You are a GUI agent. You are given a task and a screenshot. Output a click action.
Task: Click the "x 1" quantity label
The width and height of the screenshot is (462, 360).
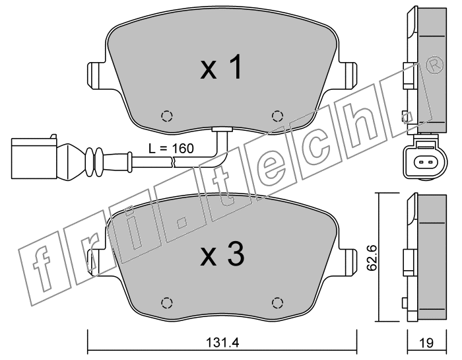[x=221, y=68]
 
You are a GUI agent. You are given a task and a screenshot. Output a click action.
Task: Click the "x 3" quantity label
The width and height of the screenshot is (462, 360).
[x=222, y=254]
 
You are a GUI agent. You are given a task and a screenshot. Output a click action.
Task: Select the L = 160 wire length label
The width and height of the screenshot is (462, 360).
[x=171, y=149]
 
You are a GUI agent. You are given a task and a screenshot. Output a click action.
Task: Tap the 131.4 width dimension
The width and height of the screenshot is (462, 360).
[x=222, y=343]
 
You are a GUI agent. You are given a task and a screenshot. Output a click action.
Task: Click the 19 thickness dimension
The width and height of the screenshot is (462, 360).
[x=427, y=343]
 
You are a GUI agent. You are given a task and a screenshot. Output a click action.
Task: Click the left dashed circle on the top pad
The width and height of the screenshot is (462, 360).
[x=167, y=116]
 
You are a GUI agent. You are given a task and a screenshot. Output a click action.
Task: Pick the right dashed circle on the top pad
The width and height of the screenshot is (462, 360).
[x=277, y=116]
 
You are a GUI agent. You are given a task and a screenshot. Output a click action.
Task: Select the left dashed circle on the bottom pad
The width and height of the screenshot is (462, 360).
[x=167, y=303]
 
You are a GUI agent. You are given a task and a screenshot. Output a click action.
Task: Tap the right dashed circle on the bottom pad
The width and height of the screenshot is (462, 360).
[x=277, y=303]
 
